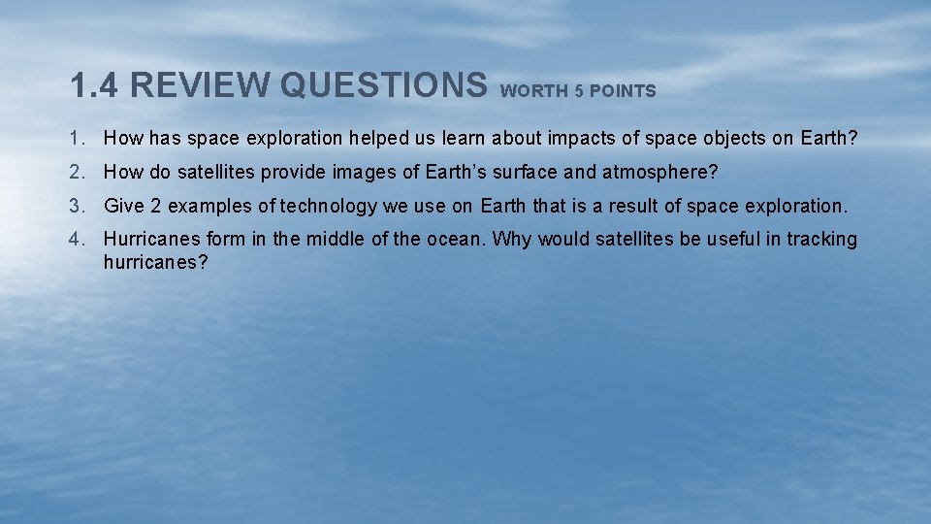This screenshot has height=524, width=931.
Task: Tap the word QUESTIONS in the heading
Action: (x=383, y=85)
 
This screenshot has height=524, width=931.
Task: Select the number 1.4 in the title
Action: (x=94, y=85)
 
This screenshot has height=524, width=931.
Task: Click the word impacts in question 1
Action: (x=582, y=138)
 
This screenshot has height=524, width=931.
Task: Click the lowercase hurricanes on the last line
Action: (x=155, y=262)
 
